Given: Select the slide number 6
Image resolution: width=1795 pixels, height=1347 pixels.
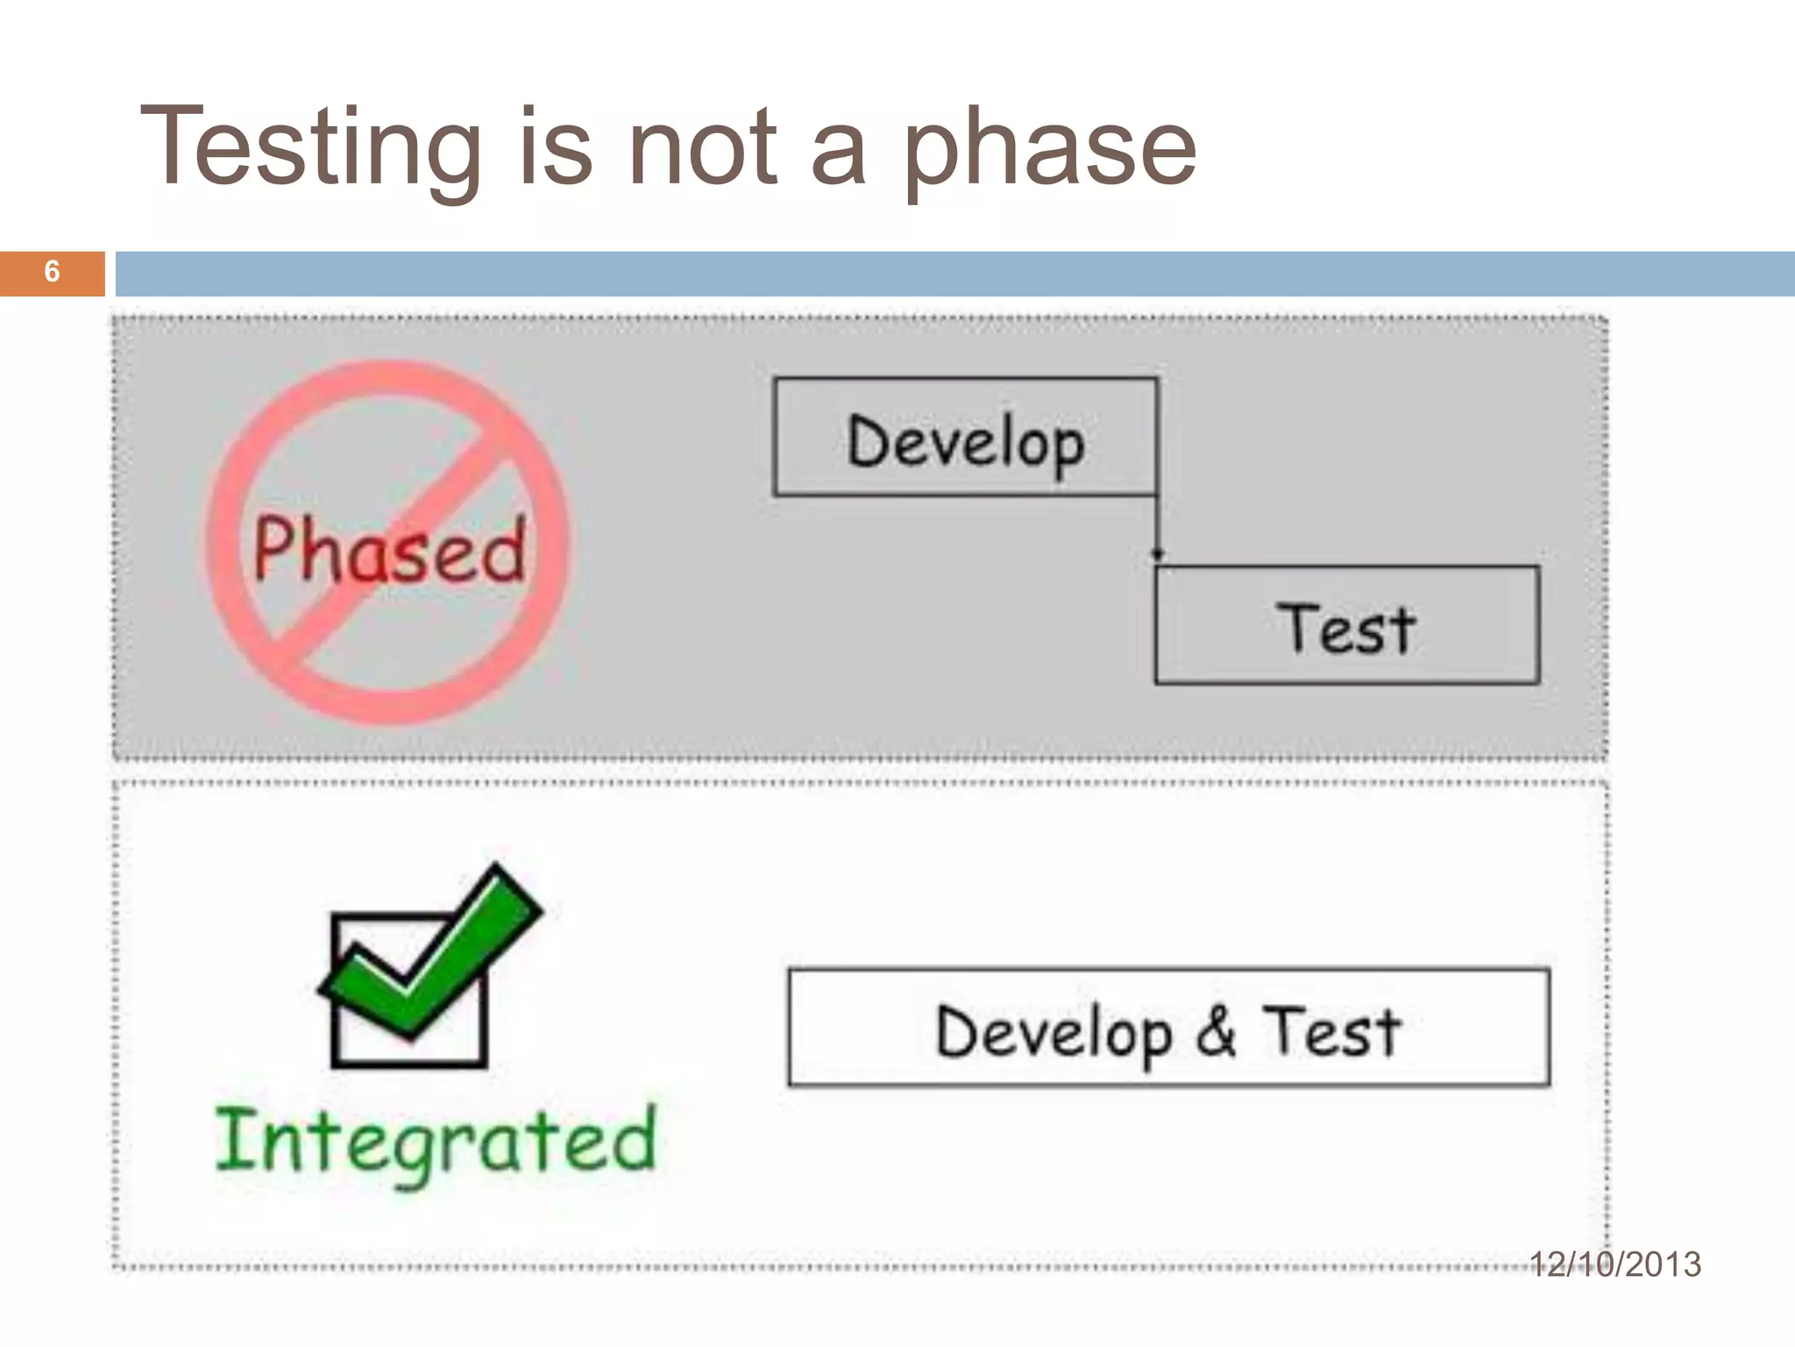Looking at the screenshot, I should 52,272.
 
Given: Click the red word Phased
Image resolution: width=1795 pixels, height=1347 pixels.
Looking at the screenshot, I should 390,551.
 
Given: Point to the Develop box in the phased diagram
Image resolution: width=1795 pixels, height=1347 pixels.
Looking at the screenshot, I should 965,438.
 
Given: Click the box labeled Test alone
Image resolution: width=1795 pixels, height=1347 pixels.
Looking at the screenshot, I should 1346,626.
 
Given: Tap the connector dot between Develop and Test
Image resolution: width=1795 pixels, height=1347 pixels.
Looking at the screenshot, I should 1157,554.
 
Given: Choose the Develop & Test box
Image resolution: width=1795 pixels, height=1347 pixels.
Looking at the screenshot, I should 1168,1028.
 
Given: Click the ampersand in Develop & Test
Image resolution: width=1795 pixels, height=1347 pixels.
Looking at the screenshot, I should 1217,1031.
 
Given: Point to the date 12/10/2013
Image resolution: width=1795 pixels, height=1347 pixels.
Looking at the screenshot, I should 1614,1264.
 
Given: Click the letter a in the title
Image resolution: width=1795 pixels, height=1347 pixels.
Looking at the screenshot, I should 839,153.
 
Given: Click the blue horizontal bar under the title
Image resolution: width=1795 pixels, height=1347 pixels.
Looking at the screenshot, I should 954,274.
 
